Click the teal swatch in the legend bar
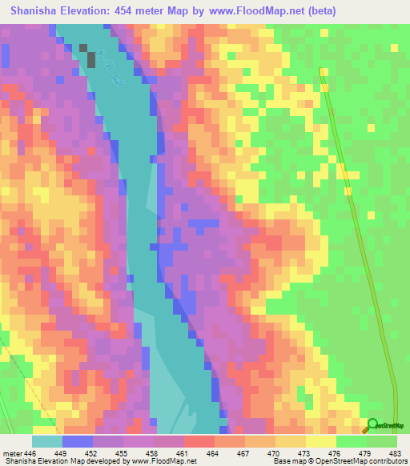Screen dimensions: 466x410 47,440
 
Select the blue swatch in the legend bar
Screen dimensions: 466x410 78,440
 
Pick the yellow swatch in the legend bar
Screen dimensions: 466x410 321,440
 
